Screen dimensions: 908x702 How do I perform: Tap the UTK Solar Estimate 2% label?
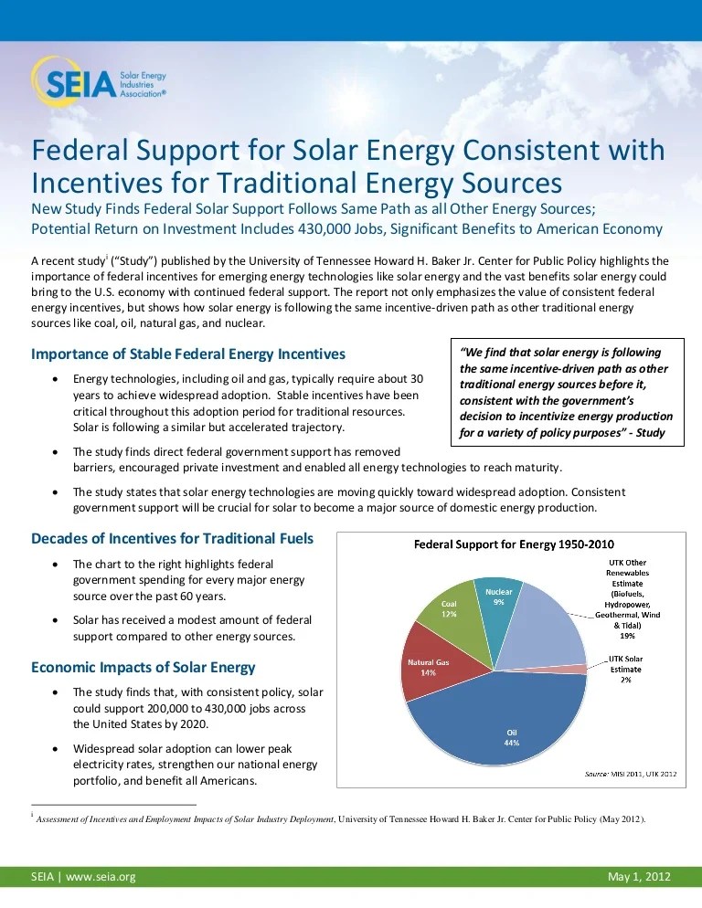pos(625,669)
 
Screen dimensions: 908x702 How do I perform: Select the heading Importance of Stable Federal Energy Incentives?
pos(188,354)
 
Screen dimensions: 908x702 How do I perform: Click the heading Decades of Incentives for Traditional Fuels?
pos(173,539)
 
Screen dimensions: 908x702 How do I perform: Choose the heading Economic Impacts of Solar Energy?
pos(144,667)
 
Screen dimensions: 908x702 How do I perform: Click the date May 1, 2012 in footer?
pos(639,877)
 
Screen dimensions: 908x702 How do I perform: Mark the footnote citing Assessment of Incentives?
pos(338,818)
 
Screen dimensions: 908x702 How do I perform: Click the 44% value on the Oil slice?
pos(511,743)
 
